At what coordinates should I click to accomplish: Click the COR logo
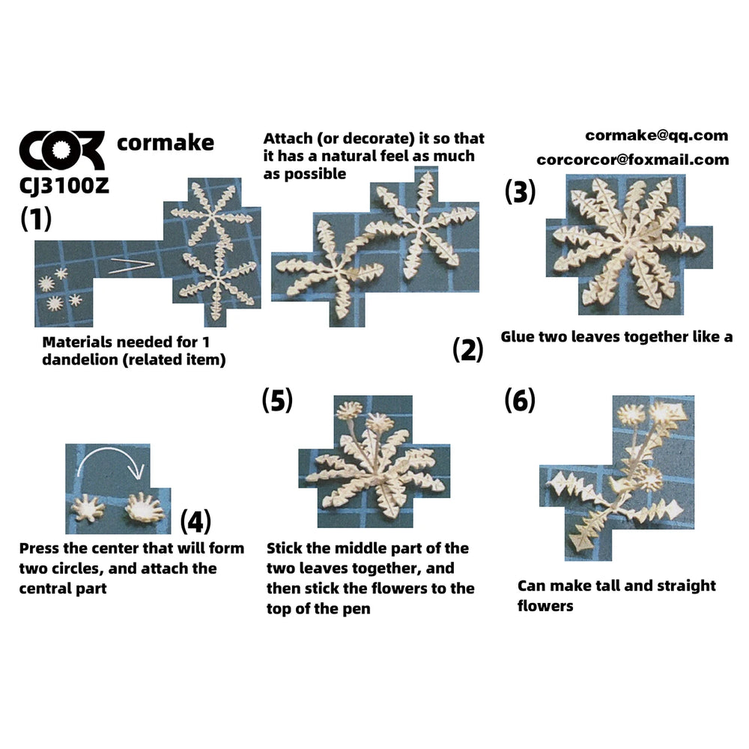coord(61,151)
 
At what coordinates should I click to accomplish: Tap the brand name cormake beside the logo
coord(166,143)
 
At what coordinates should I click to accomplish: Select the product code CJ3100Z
coord(64,186)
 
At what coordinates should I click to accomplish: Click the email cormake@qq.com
coord(656,136)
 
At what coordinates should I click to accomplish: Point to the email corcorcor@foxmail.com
coord(632,160)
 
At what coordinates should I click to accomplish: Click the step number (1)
coord(36,219)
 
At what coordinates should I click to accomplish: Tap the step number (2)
coord(467,349)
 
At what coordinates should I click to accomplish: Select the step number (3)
coord(521,192)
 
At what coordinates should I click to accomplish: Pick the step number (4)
coord(195,521)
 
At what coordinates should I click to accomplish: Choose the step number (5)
coord(277,400)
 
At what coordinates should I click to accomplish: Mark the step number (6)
coord(520,400)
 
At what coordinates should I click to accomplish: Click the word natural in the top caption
coord(348,156)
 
